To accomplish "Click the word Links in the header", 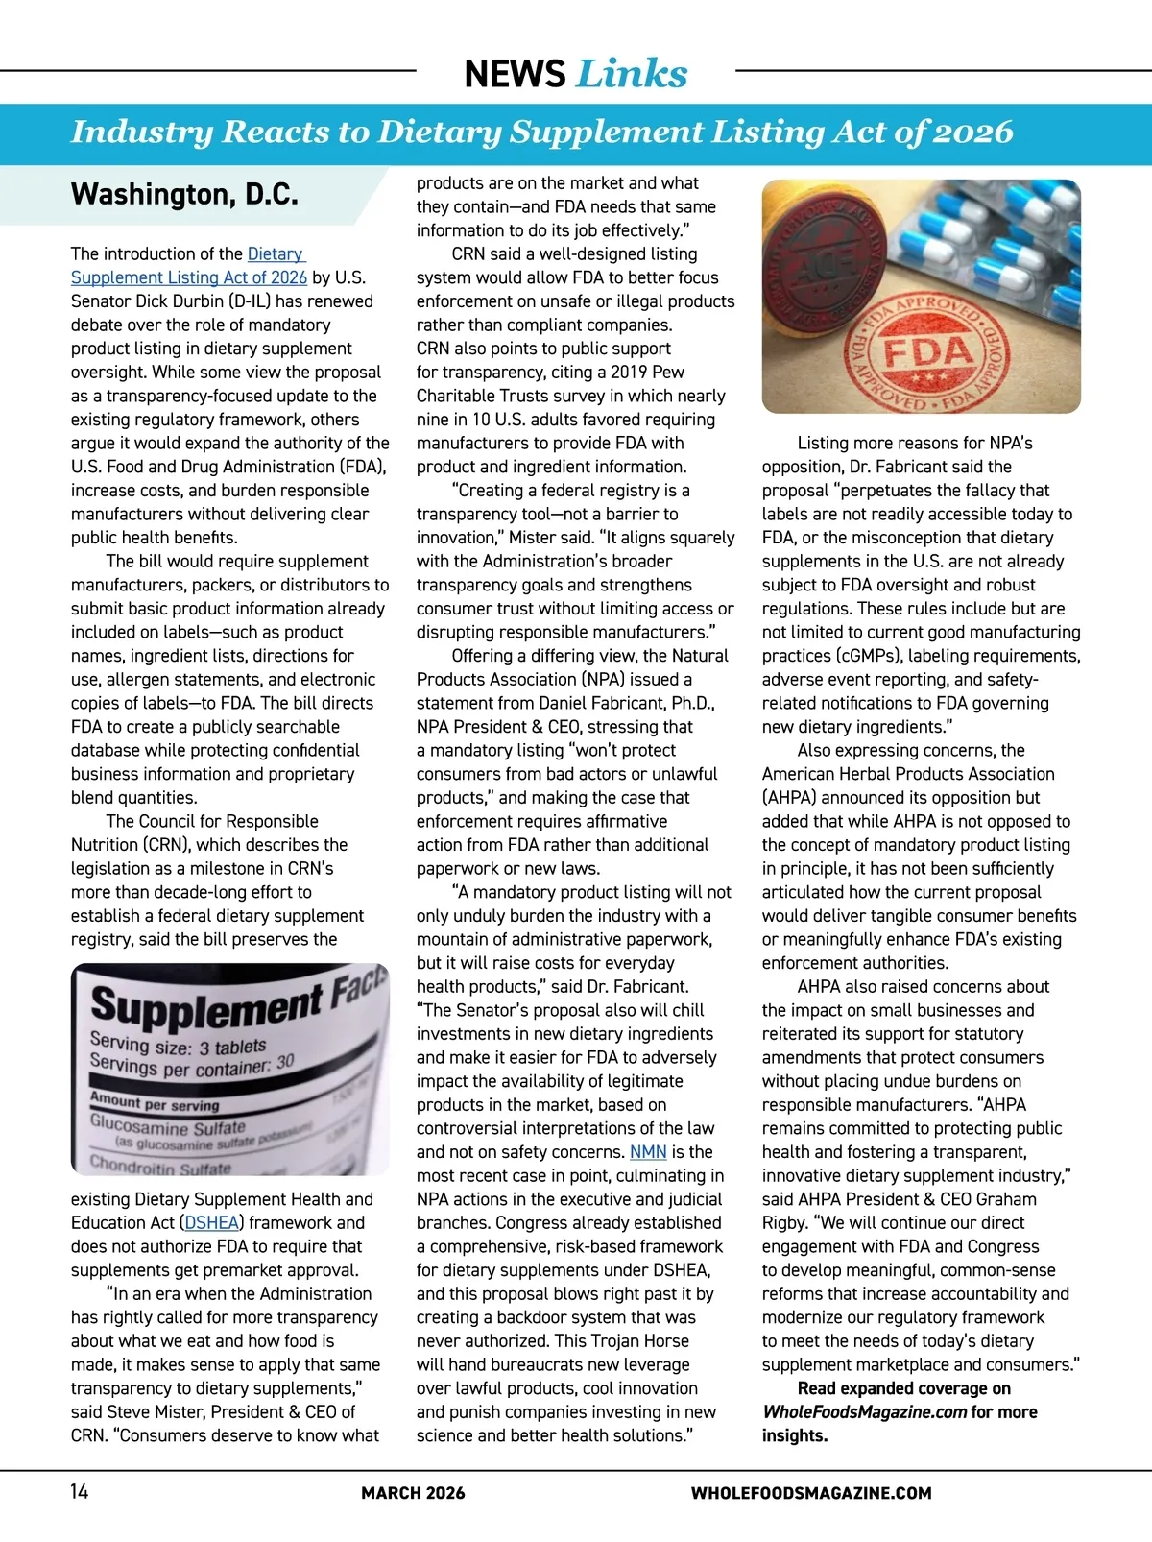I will (632, 74).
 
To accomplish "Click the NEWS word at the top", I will (515, 74).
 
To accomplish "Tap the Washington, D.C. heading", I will (184, 195).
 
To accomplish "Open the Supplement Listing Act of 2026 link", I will (189, 277).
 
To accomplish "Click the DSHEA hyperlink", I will (212, 1222).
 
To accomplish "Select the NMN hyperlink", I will (648, 1151).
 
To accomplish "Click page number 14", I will (79, 1491).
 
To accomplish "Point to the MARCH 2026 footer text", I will (413, 1493).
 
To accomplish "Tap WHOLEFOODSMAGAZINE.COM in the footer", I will (811, 1493).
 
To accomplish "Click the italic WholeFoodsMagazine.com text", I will (864, 1411).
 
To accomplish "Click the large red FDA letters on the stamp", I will (927, 352).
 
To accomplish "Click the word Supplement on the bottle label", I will (206, 1006).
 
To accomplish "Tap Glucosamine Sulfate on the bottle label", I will (168, 1124).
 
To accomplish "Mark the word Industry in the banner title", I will (142, 132).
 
